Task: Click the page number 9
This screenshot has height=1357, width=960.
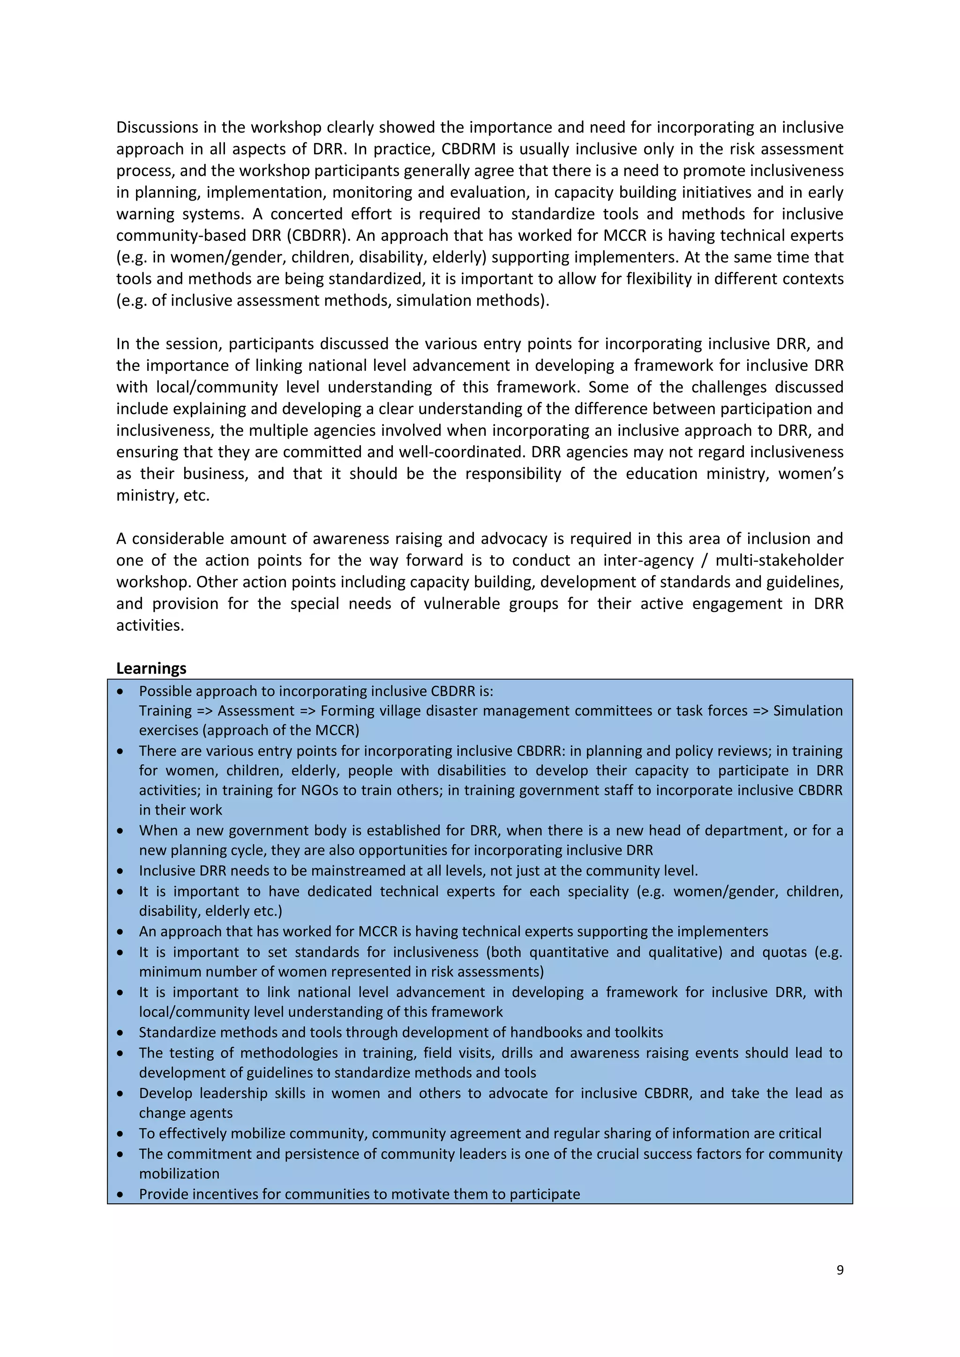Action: (840, 1269)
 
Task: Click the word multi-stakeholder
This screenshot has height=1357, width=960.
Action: (779, 560)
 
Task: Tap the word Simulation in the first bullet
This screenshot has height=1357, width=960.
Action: (808, 710)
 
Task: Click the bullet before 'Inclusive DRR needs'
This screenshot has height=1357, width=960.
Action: (120, 871)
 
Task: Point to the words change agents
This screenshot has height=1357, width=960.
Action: (186, 1113)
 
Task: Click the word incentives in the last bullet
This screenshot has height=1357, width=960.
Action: (225, 1194)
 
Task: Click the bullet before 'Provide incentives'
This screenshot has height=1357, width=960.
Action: (120, 1194)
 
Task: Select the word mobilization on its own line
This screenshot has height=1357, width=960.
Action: (179, 1174)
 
